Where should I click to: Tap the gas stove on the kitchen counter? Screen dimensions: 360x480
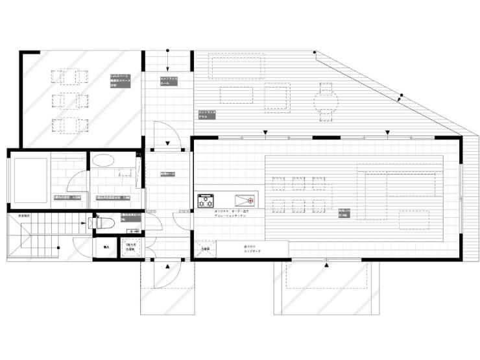tap(206, 200)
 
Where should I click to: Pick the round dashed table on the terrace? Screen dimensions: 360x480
tap(326, 102)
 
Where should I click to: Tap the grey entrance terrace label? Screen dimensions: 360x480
tap(207, 115)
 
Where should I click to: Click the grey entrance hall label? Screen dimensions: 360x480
tap(169, 80)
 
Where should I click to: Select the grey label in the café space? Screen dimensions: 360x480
tap(120, 80)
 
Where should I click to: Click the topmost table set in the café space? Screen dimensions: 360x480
tap(68, 76)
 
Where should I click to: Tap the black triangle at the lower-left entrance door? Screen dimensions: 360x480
tap(168, 266)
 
